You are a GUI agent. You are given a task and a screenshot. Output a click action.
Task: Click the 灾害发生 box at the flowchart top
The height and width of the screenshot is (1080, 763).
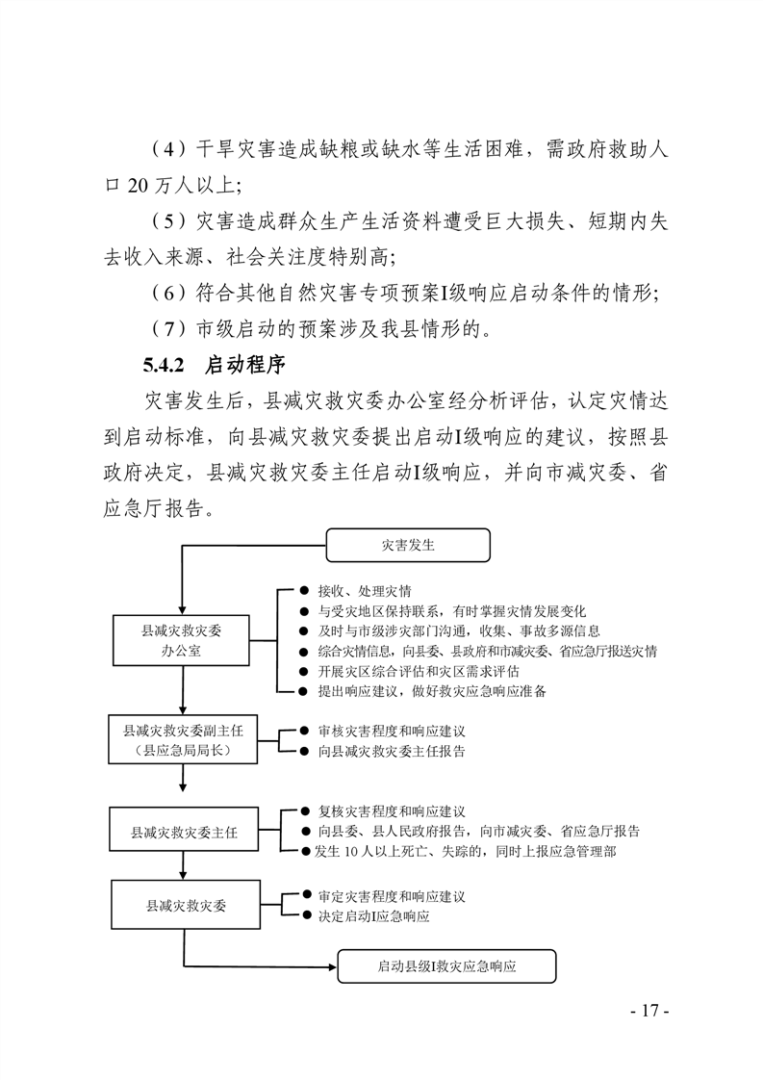click(x=408, y=546)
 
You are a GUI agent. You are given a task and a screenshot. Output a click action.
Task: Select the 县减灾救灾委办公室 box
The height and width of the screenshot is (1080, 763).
click(x=181, y=640)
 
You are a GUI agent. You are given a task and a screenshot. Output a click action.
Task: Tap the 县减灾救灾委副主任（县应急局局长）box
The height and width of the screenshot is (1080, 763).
click(x=183, y=740)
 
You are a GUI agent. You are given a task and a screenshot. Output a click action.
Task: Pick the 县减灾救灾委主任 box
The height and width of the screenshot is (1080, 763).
click(x=184, y=833)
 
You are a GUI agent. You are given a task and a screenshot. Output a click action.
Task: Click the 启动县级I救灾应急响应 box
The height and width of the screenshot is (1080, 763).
click(x=446, y=966)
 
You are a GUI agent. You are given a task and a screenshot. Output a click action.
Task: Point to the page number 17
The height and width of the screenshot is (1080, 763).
click(x=650, y=1011)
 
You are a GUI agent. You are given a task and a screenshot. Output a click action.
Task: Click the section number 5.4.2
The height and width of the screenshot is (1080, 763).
click(x=164, y=365)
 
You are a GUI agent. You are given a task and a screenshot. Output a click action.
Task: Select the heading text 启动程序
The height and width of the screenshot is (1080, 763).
click(x=245, y=365)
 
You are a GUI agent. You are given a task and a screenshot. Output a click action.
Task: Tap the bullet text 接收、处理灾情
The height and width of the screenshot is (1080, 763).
click(x=365, y=591)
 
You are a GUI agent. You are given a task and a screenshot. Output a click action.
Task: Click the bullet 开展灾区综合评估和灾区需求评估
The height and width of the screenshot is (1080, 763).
click(x=418, y=672)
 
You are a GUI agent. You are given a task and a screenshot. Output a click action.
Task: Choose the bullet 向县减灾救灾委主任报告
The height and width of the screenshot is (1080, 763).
click(x=392, y=752)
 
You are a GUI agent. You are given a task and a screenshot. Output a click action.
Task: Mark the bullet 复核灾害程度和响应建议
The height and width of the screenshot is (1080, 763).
click(x=392, y=811)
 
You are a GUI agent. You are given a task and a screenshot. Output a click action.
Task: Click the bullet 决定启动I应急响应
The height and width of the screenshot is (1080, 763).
click(x=373, y=916)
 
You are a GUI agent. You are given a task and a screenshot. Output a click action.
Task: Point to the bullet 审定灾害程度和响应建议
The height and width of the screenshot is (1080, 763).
click(x=392, y=897)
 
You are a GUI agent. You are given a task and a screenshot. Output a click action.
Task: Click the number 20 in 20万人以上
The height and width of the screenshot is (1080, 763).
click(x=138, y=186)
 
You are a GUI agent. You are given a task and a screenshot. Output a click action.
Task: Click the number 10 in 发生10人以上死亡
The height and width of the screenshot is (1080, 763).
click(x=351, y=852)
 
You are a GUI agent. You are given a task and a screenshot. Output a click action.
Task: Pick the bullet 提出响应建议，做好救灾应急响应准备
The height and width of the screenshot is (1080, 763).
click(x=432, y=691)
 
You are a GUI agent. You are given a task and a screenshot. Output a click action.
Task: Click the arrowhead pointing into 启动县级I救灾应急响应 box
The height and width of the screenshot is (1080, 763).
click(x=333, y=966)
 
